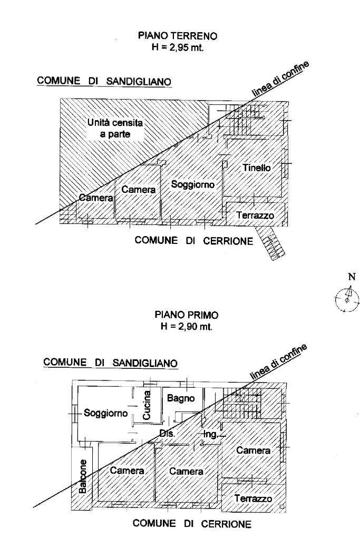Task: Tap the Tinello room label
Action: pos(257,168)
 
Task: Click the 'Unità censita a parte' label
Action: pos(116,129)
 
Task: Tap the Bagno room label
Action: pos(181,399)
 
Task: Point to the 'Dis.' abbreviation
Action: pos(167,434)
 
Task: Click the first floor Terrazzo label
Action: pos(255,498)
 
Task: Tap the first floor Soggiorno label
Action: pos(106,413)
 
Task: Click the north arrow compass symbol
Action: pos(347,299)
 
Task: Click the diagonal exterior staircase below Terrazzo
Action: pos(269,243)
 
